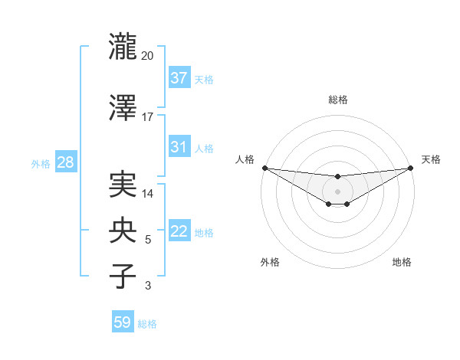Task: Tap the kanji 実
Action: (123, 186)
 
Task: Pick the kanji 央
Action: (123, 231)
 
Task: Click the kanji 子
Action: (123, 277)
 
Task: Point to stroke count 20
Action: (148, 57)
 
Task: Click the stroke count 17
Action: (148, 117)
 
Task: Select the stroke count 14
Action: (148, 195)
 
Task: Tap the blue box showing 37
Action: (179, 77)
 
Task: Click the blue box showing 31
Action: (179, 147)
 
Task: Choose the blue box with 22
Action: (179, 231)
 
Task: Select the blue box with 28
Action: (65, 162)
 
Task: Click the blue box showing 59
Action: (123, 322)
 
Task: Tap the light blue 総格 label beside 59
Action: (147, 324)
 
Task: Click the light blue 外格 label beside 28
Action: (41, 164)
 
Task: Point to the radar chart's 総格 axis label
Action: (337, 100)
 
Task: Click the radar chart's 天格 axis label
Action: (432, 159)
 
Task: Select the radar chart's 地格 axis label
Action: (402, 263)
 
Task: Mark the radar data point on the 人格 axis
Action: (264, 168)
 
